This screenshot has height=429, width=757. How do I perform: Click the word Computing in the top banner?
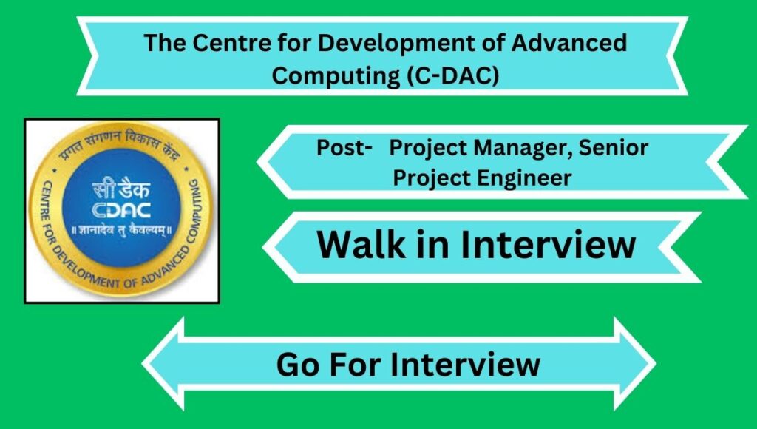(336, 77)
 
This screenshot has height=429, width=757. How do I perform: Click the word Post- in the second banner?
(344, 147)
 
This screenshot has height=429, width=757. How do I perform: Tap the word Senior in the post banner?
(613, 147)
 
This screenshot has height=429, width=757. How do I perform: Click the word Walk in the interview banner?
(361, 244)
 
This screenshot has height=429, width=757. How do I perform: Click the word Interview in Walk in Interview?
(548, 244)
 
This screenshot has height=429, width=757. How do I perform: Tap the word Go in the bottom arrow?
(298, 364)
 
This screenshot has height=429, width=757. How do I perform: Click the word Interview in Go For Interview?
(465, 364)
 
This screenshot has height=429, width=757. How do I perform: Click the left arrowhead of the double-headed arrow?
(163, 364)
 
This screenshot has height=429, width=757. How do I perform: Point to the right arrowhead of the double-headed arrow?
(635, 364)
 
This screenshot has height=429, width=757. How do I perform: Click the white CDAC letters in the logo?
(121, 210)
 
